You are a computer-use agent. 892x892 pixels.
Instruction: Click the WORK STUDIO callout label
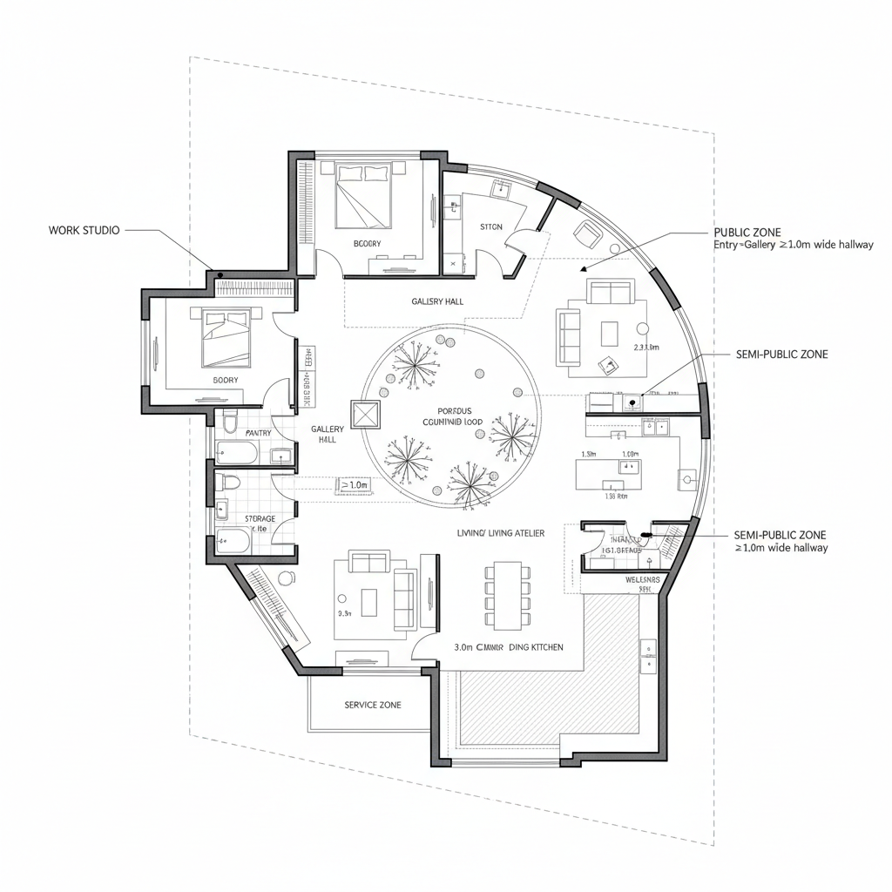(84, 230)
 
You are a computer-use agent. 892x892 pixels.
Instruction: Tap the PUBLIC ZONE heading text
(747, 233)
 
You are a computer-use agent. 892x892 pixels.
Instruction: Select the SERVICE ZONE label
(373, 705)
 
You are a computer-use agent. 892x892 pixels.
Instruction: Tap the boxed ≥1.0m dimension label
(355, 484)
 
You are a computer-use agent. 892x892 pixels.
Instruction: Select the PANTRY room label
(259, 433)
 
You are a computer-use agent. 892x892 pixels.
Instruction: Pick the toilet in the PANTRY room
(231, 424)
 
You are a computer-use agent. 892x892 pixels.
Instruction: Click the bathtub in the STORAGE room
(233, 543)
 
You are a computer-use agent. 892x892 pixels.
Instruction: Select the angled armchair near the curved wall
(588, 233)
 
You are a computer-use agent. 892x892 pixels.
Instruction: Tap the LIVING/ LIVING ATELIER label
(501, 532)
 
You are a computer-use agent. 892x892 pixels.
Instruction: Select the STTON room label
(491, 226)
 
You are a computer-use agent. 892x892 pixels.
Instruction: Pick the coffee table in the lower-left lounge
(369, 600)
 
